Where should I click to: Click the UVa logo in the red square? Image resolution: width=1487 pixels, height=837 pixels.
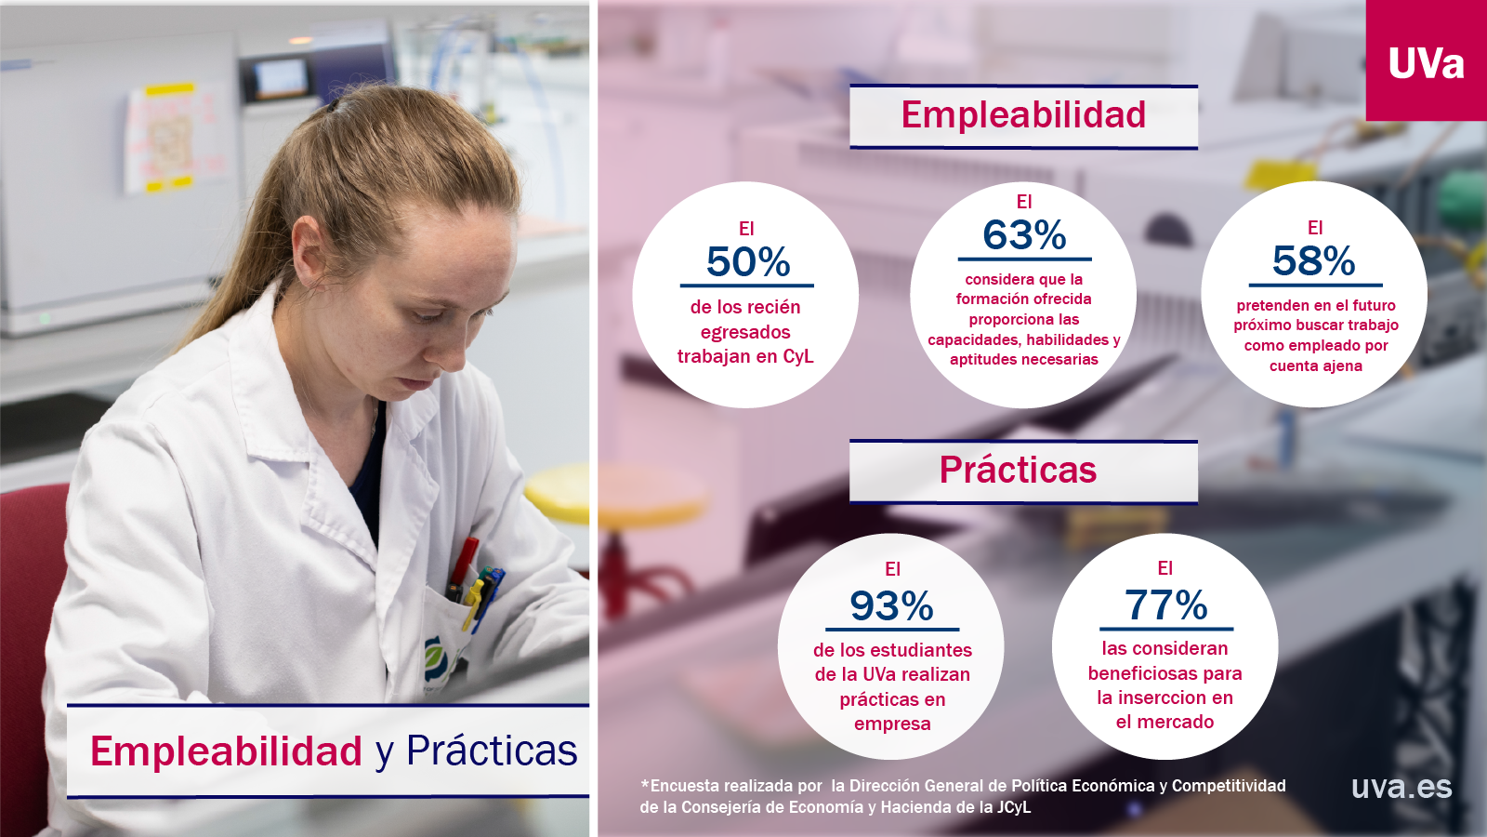[1426, 64]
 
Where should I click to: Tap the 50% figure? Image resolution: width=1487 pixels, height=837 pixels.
[748, 261]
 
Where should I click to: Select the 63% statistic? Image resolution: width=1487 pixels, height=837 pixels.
[1024, 235]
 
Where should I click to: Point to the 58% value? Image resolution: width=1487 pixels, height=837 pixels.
[1314, 260]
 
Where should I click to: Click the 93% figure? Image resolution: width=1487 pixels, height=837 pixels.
[891, 605]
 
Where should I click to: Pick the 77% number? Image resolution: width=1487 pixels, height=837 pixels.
[1165, 604]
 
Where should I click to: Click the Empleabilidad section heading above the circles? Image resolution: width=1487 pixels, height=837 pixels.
[1023, 115]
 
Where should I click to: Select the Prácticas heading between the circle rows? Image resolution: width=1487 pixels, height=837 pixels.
[1018, 470]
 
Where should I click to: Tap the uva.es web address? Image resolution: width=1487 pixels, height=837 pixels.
[1401, 787]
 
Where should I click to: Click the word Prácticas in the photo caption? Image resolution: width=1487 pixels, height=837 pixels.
[492, 751]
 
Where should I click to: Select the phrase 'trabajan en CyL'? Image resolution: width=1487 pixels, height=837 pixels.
[744, 357]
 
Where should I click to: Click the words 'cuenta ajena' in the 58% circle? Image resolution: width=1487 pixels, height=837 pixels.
[1316, 366]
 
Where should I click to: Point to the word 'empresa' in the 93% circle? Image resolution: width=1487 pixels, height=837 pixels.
[892, 724]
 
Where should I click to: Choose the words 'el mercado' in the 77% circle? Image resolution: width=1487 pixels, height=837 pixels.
[1165, 722]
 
